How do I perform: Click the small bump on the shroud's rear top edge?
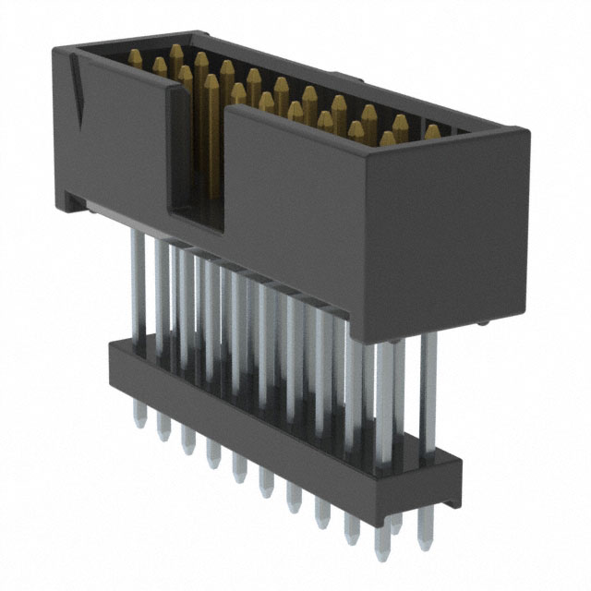coord(340,77)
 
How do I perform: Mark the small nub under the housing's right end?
coord(484,322)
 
